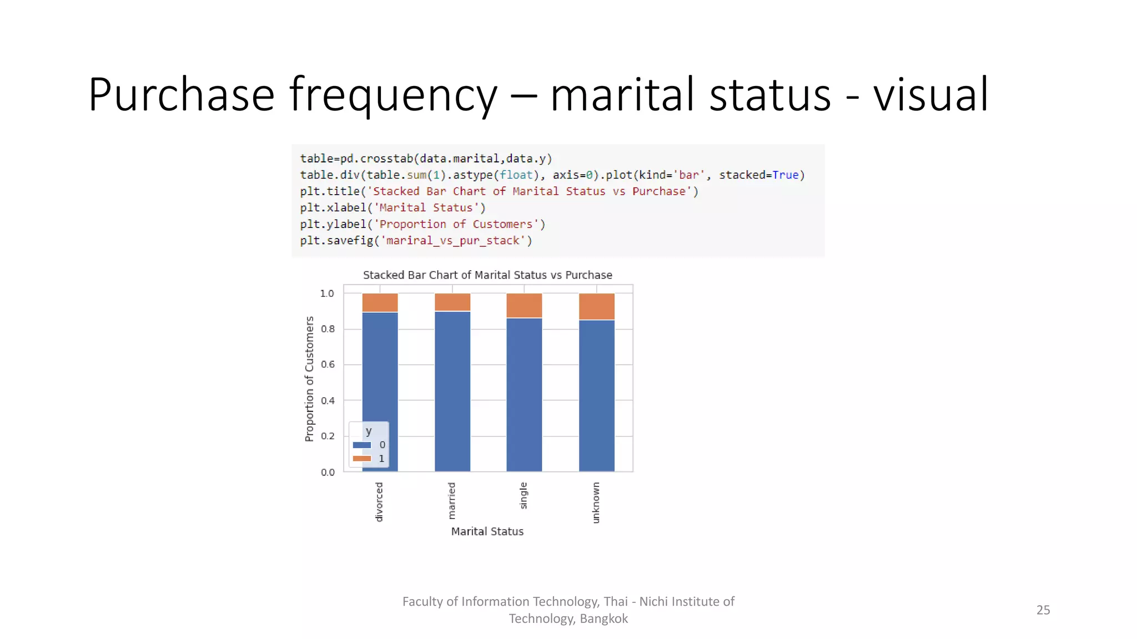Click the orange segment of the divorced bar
pos(380,302)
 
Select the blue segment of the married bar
pos(452,391)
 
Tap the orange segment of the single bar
pos(524,305)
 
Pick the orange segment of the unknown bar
pos(596,306)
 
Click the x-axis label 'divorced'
pos(379,501)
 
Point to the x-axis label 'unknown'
pos(596,502)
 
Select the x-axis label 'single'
pos(524,495)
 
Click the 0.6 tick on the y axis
pos(328,364)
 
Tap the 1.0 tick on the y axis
pos(328,293)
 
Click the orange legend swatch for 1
pos(362,459)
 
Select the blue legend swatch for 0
pos(362,445)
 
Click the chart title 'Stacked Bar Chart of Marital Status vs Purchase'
pos(487,275)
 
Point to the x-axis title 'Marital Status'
pos(487,531)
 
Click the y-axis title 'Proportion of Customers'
pos(309,379)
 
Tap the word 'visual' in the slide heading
pos(930,95)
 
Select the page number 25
pos(1043,610)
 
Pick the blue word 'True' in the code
pos(785,175)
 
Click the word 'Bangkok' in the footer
pos(603,619)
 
